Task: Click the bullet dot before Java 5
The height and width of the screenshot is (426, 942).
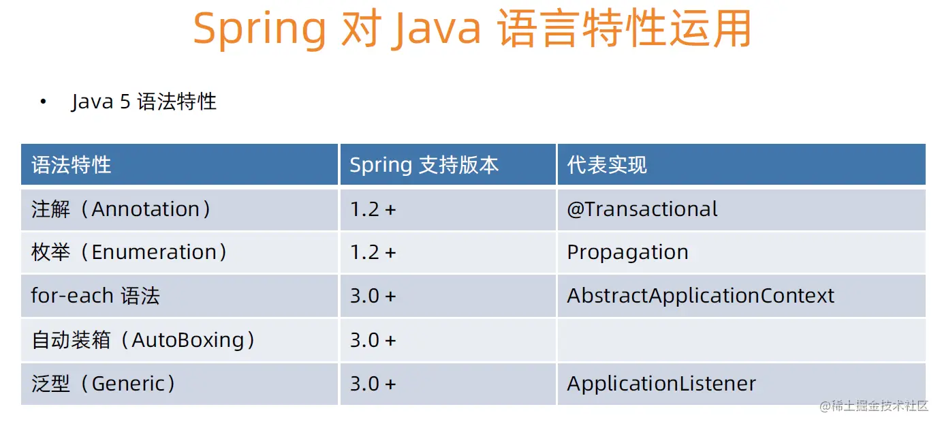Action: pyautogui.click(x=43, y=102)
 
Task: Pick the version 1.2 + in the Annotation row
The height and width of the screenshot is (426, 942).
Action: pyautogui.click(x=373, y=210)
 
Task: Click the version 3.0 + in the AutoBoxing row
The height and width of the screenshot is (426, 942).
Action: pyautogui.click(x=373, y=340)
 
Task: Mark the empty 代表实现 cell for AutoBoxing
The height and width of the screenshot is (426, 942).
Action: pyautogui.click(x=741, y=340)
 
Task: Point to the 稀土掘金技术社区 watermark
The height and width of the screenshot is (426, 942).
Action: pyautogui.click(x=874, y=406)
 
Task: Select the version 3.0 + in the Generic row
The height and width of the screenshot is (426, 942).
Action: pyautogui.click(x=373, y=384)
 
